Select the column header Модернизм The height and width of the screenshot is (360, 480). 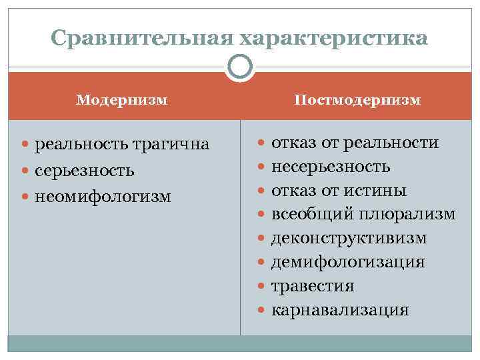(x=121, y=100)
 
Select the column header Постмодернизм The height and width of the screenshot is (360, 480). (x=358, y=100)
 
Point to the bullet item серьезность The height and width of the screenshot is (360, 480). (x=85, y=171)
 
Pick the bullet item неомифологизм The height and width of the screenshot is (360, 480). (x=103, y=197)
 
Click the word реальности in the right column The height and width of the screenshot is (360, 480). (x=399, y=143)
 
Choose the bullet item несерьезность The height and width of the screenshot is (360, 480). (x=331, y=167)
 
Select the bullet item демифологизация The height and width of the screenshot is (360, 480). (x=347, y=262)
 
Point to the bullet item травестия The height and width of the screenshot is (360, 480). (x=313, y=286)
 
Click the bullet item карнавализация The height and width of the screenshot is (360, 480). (x=340, y=310)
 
